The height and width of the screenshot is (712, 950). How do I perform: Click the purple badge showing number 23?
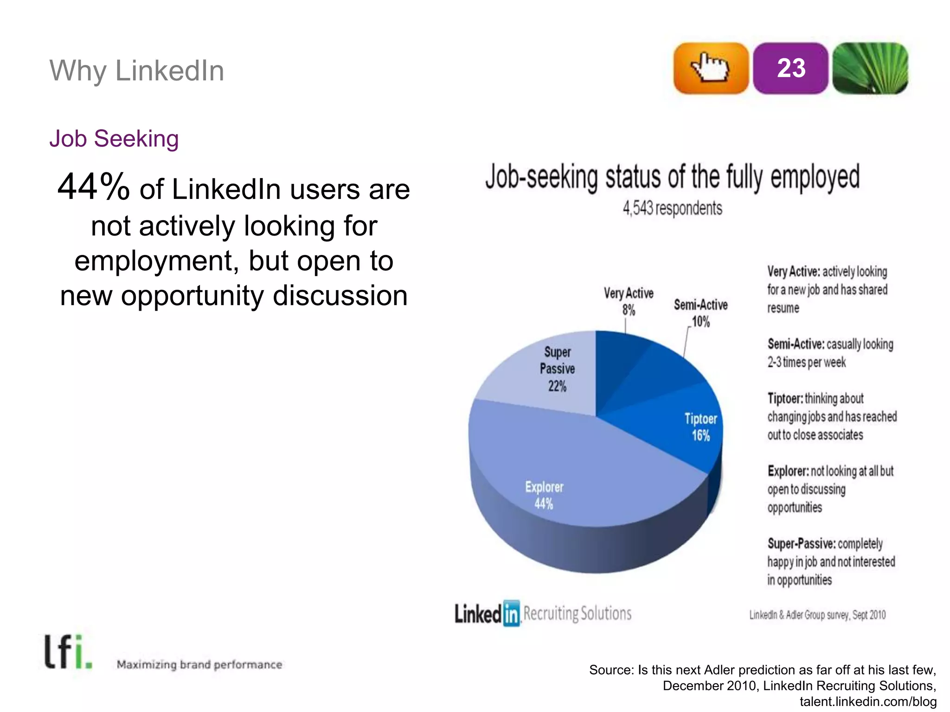[790, 68]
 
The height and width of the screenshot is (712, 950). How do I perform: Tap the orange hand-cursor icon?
[711, 68]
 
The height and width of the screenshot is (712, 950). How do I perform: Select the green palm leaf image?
[870, 68]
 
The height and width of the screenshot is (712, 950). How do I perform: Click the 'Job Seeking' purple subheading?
[114, 139]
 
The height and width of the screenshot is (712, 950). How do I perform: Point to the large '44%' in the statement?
[94, 186]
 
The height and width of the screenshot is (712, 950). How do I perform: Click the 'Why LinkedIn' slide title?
[137, 71]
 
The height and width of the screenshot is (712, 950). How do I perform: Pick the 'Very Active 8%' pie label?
[629, 301]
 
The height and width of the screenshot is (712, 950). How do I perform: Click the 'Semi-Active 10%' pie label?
[700, 313]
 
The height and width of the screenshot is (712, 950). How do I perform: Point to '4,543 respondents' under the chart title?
[672, 209]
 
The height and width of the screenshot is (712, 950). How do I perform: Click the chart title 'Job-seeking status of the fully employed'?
[672, 177]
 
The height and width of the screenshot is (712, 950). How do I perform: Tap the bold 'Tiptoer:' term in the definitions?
[785, 399]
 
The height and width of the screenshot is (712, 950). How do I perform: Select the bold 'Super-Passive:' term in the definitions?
[802, 543]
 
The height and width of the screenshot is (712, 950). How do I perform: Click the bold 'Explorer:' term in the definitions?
[788, 471]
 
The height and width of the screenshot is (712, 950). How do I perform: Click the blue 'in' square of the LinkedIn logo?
[511, 614]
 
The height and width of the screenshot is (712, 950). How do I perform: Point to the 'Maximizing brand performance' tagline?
[199, 665]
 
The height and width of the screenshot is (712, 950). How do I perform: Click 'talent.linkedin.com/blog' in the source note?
[868, 702]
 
